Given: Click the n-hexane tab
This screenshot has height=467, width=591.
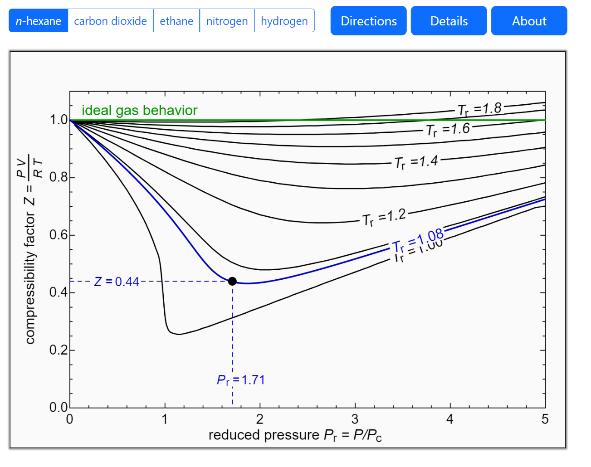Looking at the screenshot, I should click(39, 21).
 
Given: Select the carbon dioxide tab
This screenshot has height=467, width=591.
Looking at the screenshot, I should click(110, 21).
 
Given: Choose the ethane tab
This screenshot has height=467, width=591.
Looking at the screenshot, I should click(176, 21).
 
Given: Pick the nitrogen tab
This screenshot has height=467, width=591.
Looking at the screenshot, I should click(227, 21).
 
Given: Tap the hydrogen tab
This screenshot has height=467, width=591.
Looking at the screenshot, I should click(284, 21).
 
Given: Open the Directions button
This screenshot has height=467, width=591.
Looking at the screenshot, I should click(368, 21).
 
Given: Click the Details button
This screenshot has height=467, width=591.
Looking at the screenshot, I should click(449, 21).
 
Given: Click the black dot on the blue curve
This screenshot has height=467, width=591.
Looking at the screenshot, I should click(232, 281).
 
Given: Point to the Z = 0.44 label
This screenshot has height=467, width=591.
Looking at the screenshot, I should click(117, 282).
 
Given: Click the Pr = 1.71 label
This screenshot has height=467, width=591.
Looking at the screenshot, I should click(241, 380).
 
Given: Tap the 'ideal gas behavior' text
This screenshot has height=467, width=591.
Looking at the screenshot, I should click(139, 110).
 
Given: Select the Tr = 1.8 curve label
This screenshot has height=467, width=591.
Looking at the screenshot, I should click(479, 109).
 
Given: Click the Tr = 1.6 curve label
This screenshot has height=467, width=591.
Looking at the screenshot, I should click(448, 130).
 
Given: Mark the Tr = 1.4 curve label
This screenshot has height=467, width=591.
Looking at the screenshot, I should click(416, 162).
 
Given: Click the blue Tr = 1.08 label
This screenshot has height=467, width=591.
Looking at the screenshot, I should click(418, 240).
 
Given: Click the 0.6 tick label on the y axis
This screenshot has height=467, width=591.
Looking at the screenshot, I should click(59, 235).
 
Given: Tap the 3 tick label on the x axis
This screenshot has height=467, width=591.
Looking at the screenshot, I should click(355, 419).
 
